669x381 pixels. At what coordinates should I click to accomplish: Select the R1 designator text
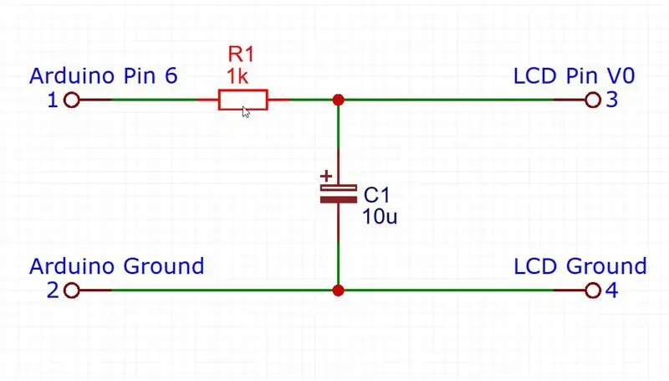pyautogui.click(x=241, y=54)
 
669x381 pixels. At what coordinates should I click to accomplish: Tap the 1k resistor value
pyautogui.click(x=237, y=76)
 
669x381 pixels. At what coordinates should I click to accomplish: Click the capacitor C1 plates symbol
pyautogui.click(x=339, y=193)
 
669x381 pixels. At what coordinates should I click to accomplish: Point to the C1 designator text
pyautogui.click(x=377, y=195)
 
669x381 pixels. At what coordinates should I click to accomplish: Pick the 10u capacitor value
pyautogui.click(x=380, y=217)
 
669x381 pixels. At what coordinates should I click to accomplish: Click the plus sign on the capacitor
pyautogui.click(x=326, y=176)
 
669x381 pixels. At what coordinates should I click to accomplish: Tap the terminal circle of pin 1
pyautogui.click(x=72, y=100)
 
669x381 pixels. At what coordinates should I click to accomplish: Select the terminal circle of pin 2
pyautogui.click(x=72, y=291)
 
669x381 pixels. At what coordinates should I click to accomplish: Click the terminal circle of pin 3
pyautogui.click(x=593, y=100)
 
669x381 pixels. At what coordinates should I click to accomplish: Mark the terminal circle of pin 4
pyautogui.click(x=593, y=291)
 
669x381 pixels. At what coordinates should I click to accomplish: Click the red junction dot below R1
pyautogui.click(x=339, y=100)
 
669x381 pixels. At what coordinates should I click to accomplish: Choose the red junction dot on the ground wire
pyautogui.click(x=339, y=291)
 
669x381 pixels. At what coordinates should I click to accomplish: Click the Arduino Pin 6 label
pyautogui.click(x=103, y=75)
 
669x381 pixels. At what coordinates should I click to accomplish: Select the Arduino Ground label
pyautogui.click(x=116, y=266)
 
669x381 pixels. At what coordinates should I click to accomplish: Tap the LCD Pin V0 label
pyautogui.click(x=575, y=75)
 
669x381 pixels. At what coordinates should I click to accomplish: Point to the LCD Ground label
pyautogui.click(x=580, y=266)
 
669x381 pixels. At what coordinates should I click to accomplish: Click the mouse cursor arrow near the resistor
pyautogui.click(x=245, y=112)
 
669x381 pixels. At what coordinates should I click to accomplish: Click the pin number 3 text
pyautogui.click(x=612, y=100)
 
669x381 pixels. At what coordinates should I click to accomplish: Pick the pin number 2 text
pyautogui.click(x=53, y=291)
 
